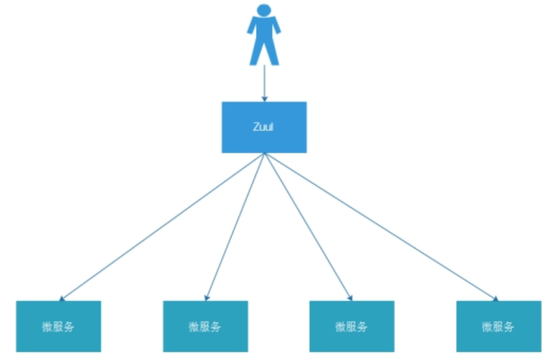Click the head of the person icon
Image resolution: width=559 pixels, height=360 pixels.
point(264,10)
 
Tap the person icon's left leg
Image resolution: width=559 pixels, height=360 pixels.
point(256,52)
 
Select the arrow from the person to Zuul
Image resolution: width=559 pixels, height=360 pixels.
point(264,81)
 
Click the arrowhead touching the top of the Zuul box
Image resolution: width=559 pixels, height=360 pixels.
point(264,98)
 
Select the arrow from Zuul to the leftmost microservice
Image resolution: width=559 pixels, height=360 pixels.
point(161,227)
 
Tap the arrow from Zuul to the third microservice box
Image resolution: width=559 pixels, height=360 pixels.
point(308,227)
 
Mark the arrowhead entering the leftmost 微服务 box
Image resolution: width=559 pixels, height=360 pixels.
point(62,299)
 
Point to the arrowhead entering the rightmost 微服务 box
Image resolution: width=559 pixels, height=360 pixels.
point(495,299)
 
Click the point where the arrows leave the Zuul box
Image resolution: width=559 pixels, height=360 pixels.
point(264,153)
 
